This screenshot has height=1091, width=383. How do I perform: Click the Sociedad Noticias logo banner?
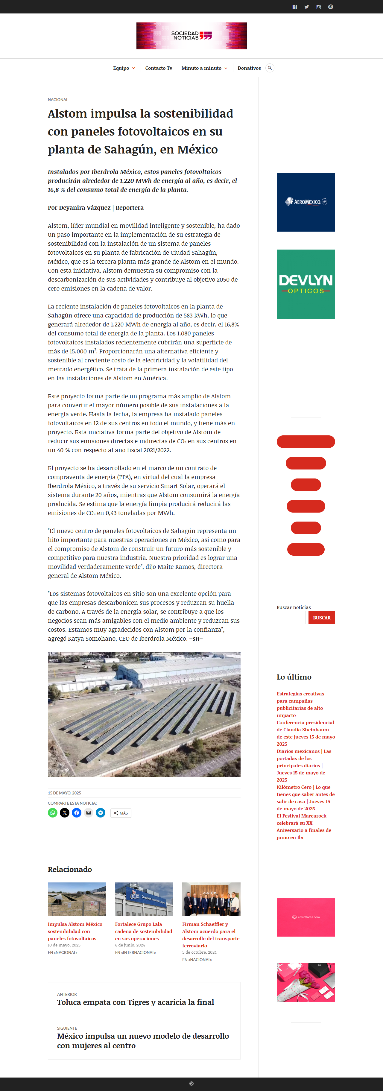click(x=191, y=36)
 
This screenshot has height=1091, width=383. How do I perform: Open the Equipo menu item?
click(x=121, y=68)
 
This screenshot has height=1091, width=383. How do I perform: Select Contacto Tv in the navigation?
click(x=159, y=68)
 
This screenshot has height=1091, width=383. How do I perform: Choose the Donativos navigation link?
click(x=249, y=68)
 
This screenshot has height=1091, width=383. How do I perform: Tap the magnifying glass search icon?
click(x=270, y=68)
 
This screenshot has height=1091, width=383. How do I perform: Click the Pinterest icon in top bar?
click(x=330, y=7)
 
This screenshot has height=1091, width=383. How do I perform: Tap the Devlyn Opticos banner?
click(x=306, y=284)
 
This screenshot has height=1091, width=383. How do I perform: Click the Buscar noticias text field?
click(x=291, y=618)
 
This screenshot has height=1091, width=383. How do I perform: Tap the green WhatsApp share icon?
click(x=53, y=812)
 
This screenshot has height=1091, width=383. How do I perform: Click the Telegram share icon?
click(x=101, y=812)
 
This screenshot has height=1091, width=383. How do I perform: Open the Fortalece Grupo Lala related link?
click(x=144, y=931)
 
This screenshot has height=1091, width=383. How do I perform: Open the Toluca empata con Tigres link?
click(x=136, y=1002)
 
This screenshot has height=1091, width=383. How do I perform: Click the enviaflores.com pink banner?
click(x=306, y=917)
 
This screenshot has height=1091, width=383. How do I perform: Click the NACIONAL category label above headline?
click(x=58, y=100)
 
